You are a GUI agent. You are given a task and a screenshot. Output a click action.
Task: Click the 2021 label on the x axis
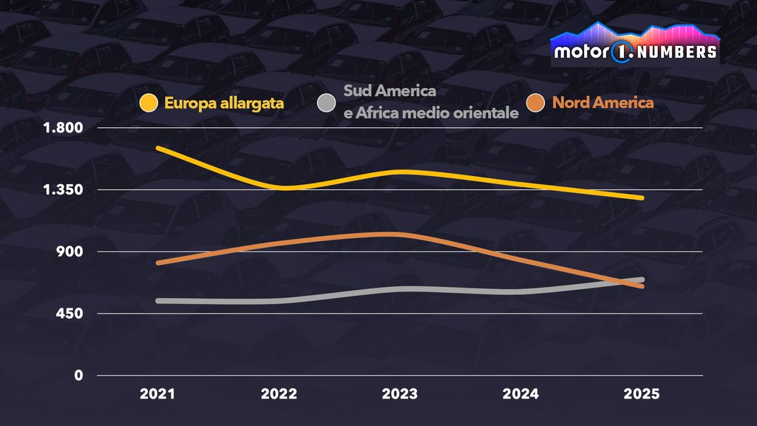[157, 395]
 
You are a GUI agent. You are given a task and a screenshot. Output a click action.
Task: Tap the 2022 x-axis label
[279, 395]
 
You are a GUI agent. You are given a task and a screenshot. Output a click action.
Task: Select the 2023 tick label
[399, 395]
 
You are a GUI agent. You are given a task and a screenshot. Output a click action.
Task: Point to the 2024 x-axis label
[520, 395]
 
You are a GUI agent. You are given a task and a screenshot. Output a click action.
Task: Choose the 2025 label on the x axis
[641, 395]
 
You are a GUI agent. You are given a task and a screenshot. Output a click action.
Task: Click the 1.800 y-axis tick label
[63, 128]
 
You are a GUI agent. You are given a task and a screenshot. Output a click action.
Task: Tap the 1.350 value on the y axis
[63, 190]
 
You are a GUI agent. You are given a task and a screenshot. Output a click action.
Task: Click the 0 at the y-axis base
[78, 376]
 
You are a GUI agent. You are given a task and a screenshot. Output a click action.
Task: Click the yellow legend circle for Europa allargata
[149, 104]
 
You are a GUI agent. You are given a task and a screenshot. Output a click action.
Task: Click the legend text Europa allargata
[225, 104]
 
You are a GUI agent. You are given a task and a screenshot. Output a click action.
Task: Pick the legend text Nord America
[602, 104]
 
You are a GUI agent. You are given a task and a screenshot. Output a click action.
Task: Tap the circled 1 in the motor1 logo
[619, 52]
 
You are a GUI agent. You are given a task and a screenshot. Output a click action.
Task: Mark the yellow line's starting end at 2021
[158, 149]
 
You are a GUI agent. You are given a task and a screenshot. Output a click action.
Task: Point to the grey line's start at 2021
[158, 301]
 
